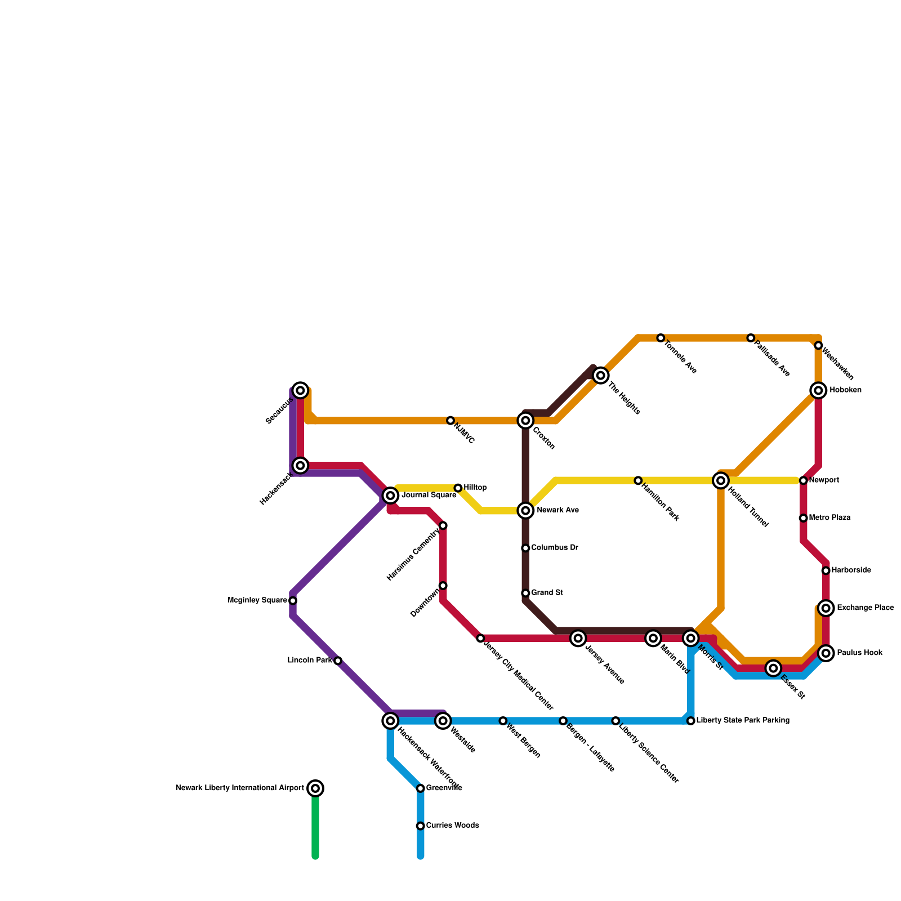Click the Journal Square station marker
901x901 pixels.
click(x=390, y=496)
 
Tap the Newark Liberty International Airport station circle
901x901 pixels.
click(x=316, y=788)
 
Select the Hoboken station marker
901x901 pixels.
click(x=818, y=390)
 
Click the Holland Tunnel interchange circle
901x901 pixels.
click(x=721, y=480)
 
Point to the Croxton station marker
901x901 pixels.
click(x=525, y=421)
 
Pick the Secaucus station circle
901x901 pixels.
click(x=301, y=390)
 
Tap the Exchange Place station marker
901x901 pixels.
click(x=826, y=608)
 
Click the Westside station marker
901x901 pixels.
click(x=443, y=721)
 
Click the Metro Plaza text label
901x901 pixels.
click(x=829, y=518)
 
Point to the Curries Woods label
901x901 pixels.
click(x=452, y=826)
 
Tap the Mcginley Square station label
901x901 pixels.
click(x=257, y=601)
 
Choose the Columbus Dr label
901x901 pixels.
click(x=554, y=548)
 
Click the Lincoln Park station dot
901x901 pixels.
click(x=338, y=661)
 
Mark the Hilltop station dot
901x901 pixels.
click(x=458, y=488)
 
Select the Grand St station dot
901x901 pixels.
click(x=525, y=593)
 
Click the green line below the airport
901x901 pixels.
click(x=316, y=828)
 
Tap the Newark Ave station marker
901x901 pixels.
click(x=525, y=511)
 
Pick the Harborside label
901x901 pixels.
click(x=851, y=570)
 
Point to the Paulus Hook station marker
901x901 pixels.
click(x=826, y=653)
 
